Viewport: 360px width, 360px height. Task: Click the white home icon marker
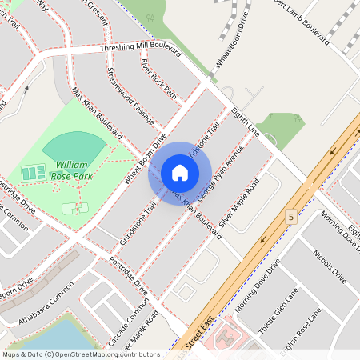(179, 173)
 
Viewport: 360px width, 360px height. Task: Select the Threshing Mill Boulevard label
(141, 50)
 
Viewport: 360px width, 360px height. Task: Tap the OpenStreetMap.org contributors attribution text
(104, 354)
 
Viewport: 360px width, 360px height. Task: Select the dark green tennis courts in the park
(34, 172)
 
